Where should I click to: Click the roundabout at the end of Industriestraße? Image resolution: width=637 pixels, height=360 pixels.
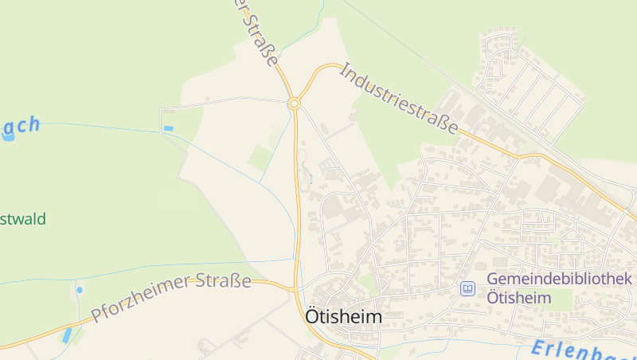click(x=295, y=104)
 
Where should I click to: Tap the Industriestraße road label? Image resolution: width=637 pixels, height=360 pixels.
click(x=400, y=99)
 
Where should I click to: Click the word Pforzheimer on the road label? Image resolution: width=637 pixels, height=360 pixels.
click(x=142, y=297)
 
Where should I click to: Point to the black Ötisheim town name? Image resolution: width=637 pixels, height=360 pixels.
click(x=343, y=317)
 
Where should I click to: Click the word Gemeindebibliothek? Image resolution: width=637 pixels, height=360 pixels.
click(x=559, y=279)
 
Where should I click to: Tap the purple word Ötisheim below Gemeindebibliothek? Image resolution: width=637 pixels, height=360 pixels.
click(x=518, y=298)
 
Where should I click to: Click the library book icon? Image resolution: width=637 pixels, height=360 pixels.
click(x=467, y=288)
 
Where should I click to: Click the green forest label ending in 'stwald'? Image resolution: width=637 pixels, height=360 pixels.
click(x=23, y=219)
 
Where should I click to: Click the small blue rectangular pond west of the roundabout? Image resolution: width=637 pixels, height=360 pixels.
click(x=168, y=128)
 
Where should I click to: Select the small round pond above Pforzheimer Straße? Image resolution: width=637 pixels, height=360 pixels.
click(x=79, y=290)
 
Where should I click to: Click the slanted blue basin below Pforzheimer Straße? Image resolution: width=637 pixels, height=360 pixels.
click(x=67, y=335)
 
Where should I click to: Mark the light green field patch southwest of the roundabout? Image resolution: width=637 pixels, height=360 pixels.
click(x=260, y=158)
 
